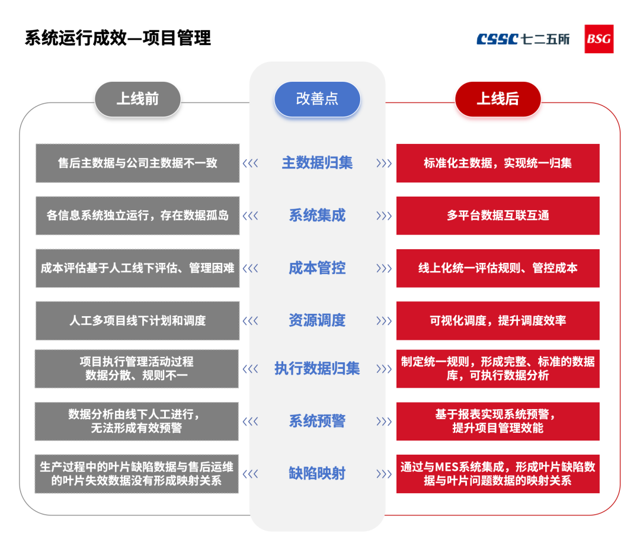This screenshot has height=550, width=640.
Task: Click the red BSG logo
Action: (x=599, y=39)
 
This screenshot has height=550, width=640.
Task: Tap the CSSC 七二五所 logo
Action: (x=523, y=39)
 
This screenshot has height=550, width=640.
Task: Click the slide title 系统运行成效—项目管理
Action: (x=118, y=38)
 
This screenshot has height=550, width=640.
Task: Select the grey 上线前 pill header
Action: (x=137, y=99)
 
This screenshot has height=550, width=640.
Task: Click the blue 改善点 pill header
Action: (x=317, y=99)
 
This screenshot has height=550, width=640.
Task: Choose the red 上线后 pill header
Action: (x=498, y=99)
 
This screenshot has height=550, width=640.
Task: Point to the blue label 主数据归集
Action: (x=317, y=163)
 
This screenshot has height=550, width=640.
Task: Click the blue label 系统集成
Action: (x=317, y=216)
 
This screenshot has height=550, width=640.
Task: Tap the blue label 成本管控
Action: (x=317, y=268)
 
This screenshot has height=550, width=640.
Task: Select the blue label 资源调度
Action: (x=317, y=321)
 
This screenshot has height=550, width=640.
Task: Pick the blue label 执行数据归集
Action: (x=317, y=369)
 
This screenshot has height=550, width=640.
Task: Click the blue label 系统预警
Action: (x=317, y=422)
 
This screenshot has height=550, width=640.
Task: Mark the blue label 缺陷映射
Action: (x=317, y=474)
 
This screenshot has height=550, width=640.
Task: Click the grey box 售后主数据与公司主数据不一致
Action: (x=137, y=163)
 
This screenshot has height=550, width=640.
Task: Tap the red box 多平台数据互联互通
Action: (x=498, y=216)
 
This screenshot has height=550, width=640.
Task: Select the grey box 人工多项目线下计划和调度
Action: (x=137, y=321)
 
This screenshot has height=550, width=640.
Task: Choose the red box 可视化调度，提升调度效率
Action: (x=498, y=321)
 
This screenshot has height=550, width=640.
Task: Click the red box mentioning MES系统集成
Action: (x=498, y=474)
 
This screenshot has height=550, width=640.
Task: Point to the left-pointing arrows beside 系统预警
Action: (x=251, y=422)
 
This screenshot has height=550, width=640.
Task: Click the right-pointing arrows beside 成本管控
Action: (x=384, y=268)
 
